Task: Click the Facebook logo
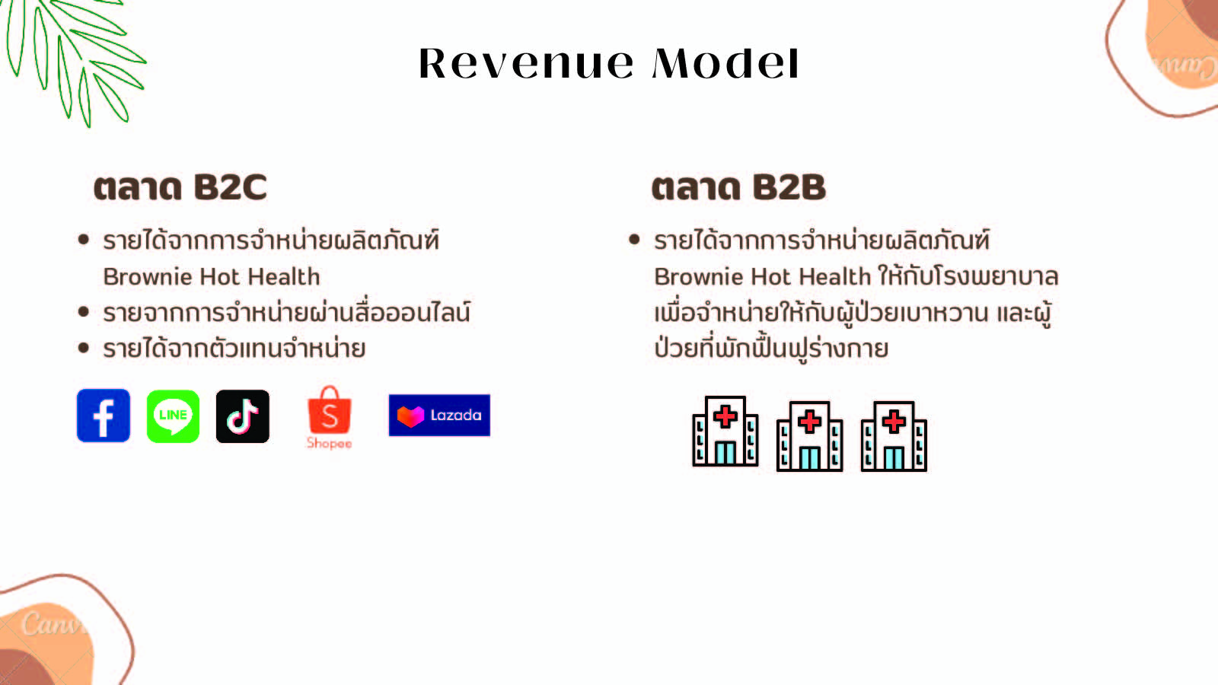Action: pos(104,416)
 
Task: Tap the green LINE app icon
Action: pos(173,416)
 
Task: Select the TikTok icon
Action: pos(243,416)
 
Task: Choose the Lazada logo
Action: pos(439,416)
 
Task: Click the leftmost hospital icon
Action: pos(725,431)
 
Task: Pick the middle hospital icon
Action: pos(810,436)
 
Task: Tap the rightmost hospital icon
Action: pos(894,436)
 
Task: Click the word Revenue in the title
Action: pos(526,64)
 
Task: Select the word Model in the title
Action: pos(726,63)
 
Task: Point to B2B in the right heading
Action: pos(789,187)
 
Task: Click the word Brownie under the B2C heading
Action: pos(146,277)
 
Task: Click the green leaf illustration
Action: pos(73,60)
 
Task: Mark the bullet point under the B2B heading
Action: pos(634,239)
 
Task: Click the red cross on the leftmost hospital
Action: pos(725,417)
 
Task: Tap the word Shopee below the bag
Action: pos(330,443)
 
